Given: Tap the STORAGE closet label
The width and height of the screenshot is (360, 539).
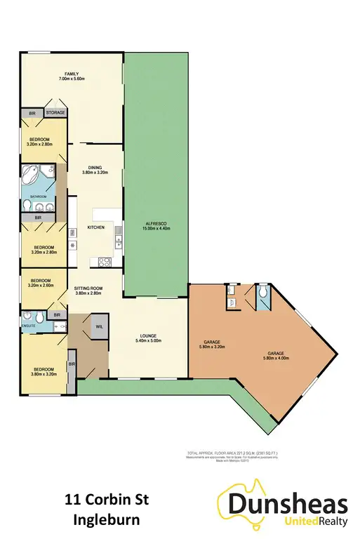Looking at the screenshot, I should click(55, 112).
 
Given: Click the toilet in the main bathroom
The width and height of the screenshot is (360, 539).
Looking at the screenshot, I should click(27, 205).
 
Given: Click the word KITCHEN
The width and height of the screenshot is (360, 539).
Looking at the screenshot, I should click(96, 228).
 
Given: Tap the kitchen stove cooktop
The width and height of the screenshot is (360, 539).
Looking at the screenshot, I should click(105, 263).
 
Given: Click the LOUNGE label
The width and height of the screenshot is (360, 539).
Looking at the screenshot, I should click(147, 339).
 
